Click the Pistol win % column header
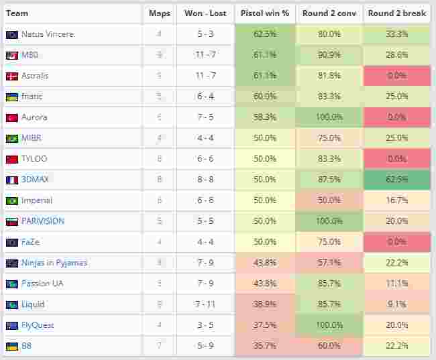(265, 13)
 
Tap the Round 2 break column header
(396, 13)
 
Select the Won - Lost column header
(205, 13)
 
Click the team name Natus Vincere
(48, 34)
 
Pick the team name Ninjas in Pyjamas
(54, 263)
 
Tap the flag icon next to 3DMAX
(11, 180)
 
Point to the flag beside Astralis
(11, 76)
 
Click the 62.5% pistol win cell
(265, 34)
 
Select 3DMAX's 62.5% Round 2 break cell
(396, 180)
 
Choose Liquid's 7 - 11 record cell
(205, 304)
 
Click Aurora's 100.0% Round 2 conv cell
(329, 117)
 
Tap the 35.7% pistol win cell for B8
(265, 346)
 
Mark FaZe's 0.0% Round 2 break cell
(396, 242)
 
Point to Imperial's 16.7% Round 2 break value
(396, 200)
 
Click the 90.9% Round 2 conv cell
(329, 55)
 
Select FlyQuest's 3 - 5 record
(205, 325)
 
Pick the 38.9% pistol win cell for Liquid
(265, 304)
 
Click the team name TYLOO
(34, 159)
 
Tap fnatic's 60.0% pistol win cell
(265, 97)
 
